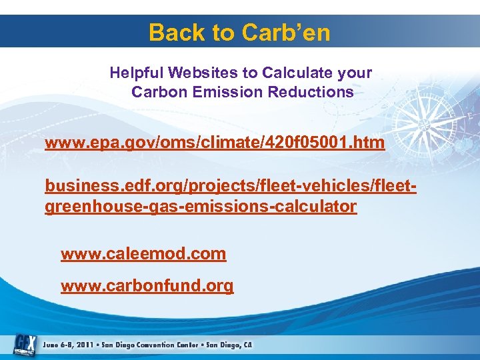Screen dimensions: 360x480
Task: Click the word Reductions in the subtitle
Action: [x=311, y=92]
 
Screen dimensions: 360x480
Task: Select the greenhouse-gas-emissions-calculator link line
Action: [x=201, y=206]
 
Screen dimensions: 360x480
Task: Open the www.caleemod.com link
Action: [x=143, y=254]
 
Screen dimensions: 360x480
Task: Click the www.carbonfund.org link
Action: [x=147, y=286]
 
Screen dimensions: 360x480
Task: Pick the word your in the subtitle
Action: [x=354, y=72]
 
